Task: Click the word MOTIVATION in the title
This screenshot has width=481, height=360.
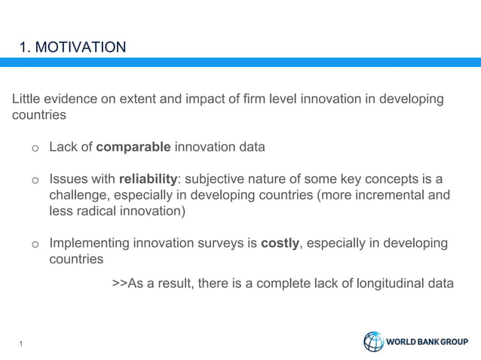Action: pyautogui.click(x=81, y=48)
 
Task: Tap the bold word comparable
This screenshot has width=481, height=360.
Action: pyautogui.click(x=133, y=147)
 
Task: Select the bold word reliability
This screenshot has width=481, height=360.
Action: pyautogui.click(x=147, y=179)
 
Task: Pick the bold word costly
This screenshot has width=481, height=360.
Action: pyautogui.click(x=280, y=243)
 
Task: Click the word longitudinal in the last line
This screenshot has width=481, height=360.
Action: pyautogui.click(x=384, y=283)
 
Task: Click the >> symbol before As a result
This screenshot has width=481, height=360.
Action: pyautogui.click(x=118, y=283)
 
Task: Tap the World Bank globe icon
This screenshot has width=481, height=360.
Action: pyautogui.click(x=374, y=342)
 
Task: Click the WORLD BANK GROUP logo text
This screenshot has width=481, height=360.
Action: pyautogui.click(x=427, y=343)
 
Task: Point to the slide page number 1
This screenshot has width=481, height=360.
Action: pyautogui.click(x=22, y=345)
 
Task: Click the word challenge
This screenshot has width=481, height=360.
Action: pyautogui.click(x=79, y=196)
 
